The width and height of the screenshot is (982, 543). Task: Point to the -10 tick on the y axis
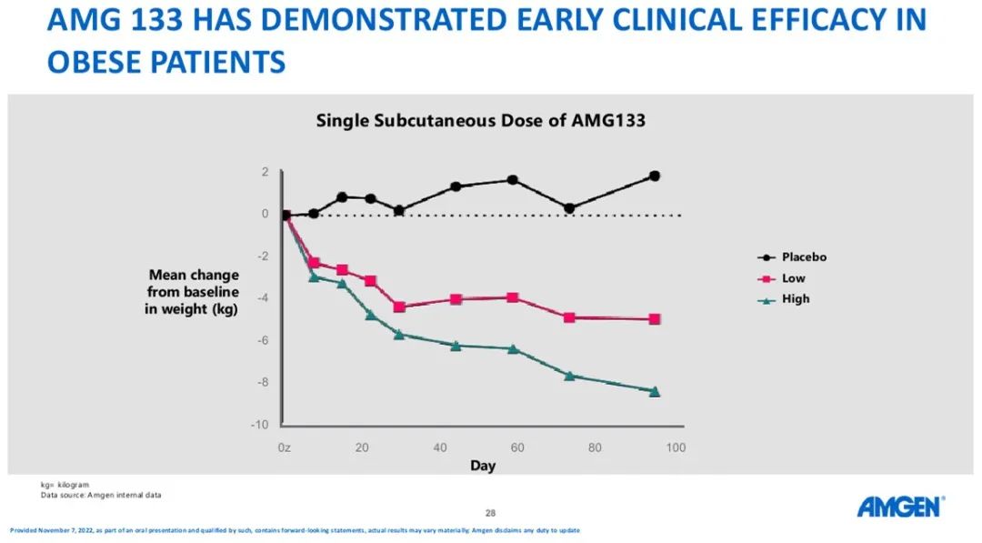click(x=260, y=425)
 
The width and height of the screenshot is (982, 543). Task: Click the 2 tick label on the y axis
click(x=265, y=172)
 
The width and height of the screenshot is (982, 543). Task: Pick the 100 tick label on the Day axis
click(x=676, y=447)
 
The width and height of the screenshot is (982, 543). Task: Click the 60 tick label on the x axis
click(x=517, y=447)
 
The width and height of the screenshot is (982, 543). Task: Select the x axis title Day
click(x=483, y=466)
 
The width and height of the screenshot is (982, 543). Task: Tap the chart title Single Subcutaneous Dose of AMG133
click(x=480, y=120)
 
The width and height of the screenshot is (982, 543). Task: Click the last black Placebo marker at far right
click(x=655, y=176)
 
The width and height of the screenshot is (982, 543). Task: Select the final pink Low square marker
click(x=655, y=319)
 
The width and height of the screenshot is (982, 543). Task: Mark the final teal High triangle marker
click(x=655, y=391)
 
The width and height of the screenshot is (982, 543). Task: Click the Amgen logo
click(x=900, y=507)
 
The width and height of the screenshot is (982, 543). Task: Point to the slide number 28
click(x=490, y=513)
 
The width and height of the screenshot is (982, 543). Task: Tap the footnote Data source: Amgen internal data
click(x=101, y=495)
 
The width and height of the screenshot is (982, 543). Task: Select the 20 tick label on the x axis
click(x=361, y=447)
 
